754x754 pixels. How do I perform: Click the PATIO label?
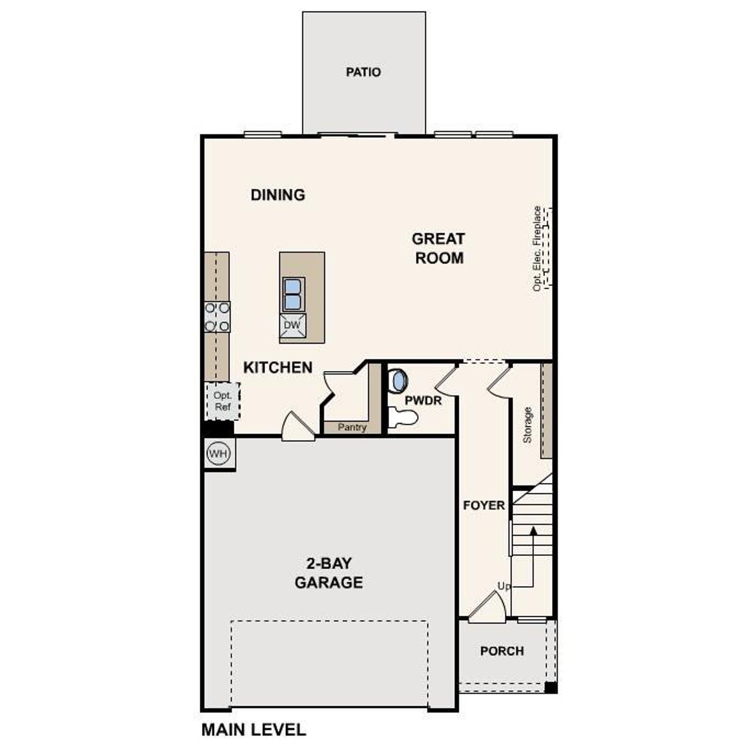(x=363, y=72)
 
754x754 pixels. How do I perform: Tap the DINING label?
(x=278, y=194)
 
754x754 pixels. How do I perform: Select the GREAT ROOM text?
(x=438, y=248)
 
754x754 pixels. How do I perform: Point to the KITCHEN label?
(x=278, y=368)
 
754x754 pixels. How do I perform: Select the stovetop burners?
(x=217, y=316)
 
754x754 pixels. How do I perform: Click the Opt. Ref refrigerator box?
(x=223, y=401)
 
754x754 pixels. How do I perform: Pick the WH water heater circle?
(x=218, y=454)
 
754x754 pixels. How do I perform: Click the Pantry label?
(x=352, y=427)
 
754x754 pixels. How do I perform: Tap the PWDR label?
(x=423, y=400)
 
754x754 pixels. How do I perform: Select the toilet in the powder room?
(x=403, y=418)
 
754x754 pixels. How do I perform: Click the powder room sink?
(x=399, y=380)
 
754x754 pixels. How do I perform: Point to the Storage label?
(x=528, y=424)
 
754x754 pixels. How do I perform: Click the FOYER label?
(x=484, y=505)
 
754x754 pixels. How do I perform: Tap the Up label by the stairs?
(x=504, y=587)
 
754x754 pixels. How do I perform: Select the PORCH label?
(x=502, y=651)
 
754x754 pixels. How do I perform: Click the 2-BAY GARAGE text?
(x=329, y=573)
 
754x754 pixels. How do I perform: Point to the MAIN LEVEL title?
(x=254, y=730)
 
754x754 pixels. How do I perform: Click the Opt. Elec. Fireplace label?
(x=537, y=248)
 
